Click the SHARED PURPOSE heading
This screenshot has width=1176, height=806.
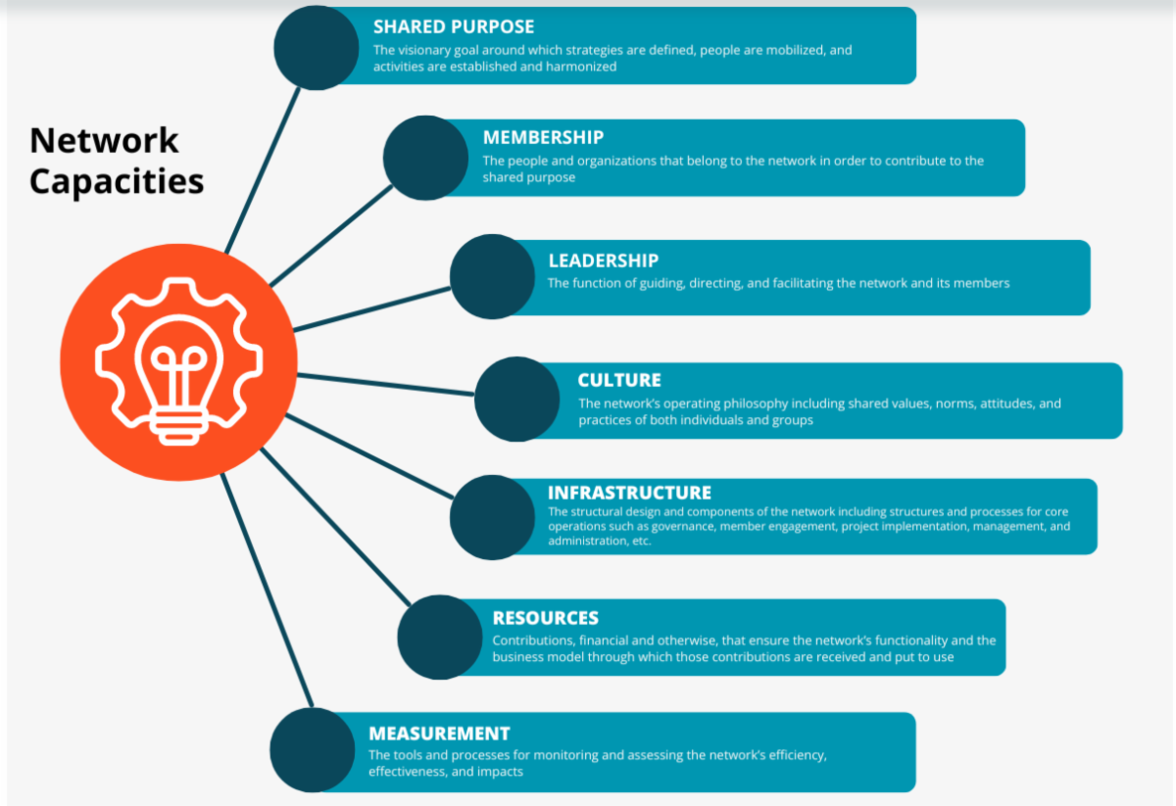coord(453,27)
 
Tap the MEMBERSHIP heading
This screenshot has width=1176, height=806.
coord(543,138)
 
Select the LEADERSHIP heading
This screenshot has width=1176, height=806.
coord(603,261)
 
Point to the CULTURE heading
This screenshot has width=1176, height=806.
coord(619,380)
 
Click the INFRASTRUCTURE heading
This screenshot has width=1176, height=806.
coord(629,493)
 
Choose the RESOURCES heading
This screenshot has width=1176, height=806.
coord(545,618)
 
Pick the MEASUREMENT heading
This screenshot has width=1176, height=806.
coord(439,734)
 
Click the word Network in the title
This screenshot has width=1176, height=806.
coord(104,140)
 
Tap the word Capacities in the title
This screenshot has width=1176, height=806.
coord(117,181)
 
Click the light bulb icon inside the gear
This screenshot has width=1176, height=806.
coord(178,367)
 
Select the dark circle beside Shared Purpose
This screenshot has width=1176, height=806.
coord(316,47)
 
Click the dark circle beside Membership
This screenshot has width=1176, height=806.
coord(425,158)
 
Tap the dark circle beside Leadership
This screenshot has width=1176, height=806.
coord(492,276)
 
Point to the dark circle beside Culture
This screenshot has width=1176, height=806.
coord(517,399)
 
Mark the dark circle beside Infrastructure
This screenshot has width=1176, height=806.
coord(492,517)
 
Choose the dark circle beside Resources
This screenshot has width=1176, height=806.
coord(439,638)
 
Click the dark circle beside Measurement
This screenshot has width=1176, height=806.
coord(312,750)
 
